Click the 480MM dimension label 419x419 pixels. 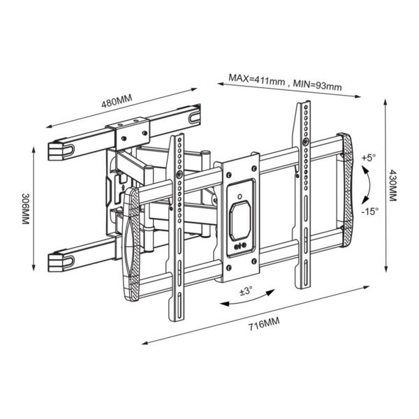pos(117,101)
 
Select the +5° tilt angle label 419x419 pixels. pos(369,158)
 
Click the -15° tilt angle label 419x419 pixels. pos(370,210)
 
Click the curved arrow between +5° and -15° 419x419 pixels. pos(365,184)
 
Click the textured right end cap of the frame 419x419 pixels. pos(345,189)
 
